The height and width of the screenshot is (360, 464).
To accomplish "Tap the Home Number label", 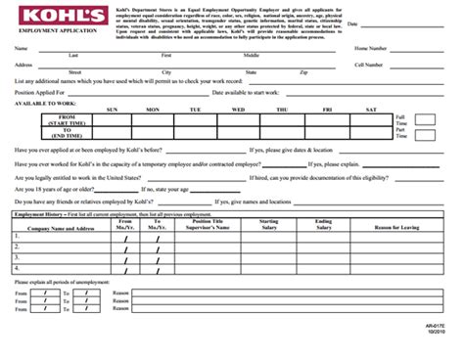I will [x=374, y=47].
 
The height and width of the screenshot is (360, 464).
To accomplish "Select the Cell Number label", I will [x=373, y=65].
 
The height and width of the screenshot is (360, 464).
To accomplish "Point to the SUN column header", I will [x=112, y=110].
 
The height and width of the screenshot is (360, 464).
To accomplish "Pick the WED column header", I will [x=238, y=110].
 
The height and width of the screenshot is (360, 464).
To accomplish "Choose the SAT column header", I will [x=371, y=110].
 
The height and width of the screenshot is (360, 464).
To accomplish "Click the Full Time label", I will [x=400, y=118].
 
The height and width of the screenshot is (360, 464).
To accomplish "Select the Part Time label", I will [x=400, y=132].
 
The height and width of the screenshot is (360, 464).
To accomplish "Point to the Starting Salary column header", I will [x=268, y=224].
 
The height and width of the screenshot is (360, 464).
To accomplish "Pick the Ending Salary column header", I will [x=324, y=224].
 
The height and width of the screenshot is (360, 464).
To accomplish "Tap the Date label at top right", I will [x=352, y=22].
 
